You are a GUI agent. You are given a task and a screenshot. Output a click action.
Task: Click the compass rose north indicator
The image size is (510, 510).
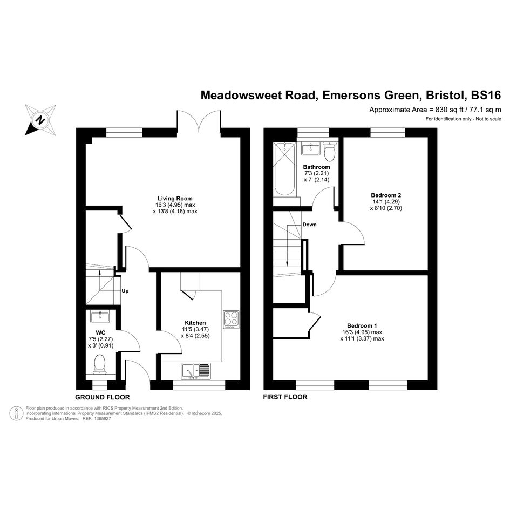click(40, 120)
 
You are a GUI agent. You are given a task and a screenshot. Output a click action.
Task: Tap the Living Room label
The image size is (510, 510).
click(175, 199)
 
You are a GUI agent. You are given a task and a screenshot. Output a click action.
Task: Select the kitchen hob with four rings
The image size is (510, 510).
click(232, 319)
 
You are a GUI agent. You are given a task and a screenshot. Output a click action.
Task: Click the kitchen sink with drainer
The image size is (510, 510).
click(196, 371)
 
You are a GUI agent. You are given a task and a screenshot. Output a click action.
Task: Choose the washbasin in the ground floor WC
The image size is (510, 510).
click(100, 316)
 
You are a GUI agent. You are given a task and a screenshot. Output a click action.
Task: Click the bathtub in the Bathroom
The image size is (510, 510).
click(284, 169)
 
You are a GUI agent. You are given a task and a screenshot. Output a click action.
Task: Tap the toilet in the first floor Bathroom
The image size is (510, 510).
click(330, 152)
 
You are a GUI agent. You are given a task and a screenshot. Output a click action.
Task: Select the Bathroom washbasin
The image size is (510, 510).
click(311, 149)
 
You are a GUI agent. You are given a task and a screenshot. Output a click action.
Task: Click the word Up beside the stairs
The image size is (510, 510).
click(125, 291)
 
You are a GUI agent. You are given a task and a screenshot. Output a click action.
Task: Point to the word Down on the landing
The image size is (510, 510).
click(309, 225)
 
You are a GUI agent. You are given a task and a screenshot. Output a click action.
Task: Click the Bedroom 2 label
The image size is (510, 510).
click(386, 195)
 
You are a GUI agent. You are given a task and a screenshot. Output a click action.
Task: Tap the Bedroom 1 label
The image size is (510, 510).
click(362, 325)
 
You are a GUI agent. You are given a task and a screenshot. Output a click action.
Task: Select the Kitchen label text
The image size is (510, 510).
click(195, 323)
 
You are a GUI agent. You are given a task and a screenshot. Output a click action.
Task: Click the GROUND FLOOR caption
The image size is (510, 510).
click(103, 397)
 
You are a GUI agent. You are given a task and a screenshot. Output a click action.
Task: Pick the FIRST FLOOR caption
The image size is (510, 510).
click(285, 397)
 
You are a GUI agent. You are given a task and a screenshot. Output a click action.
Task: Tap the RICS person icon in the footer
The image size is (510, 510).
click(16, 413)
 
